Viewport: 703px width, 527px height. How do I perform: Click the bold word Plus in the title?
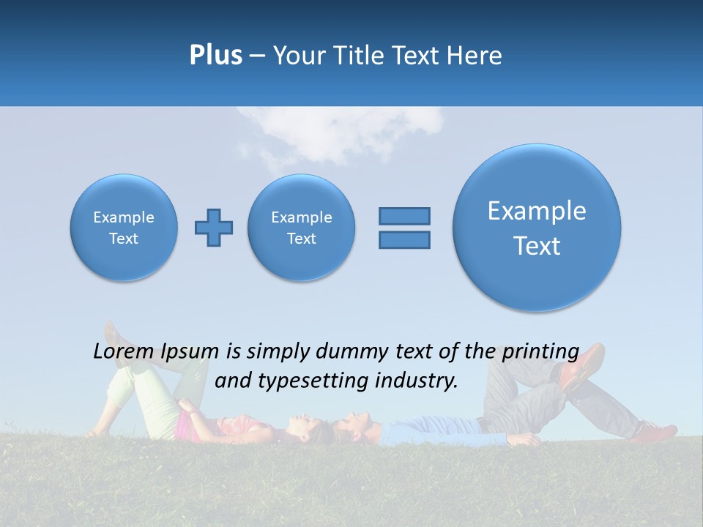click(x=215, y=56)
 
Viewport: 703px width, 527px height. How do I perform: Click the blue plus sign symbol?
click(x=214, y=228)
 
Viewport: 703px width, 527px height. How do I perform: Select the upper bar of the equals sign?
click(x=404, y=216)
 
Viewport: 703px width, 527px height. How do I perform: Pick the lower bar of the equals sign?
click(x=404, y=239)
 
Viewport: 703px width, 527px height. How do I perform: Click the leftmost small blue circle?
click(x=124, y=228)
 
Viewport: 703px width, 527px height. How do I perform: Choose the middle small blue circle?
click(x=301, y=228)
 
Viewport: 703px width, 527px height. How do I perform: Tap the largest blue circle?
click(x=537, y=228)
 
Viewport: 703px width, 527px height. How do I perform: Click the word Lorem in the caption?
click(x=124, y=352)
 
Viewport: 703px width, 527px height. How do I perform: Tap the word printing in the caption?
click(x=540, y=352)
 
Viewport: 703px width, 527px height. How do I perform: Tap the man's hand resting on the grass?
click(x=526, y=439)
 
